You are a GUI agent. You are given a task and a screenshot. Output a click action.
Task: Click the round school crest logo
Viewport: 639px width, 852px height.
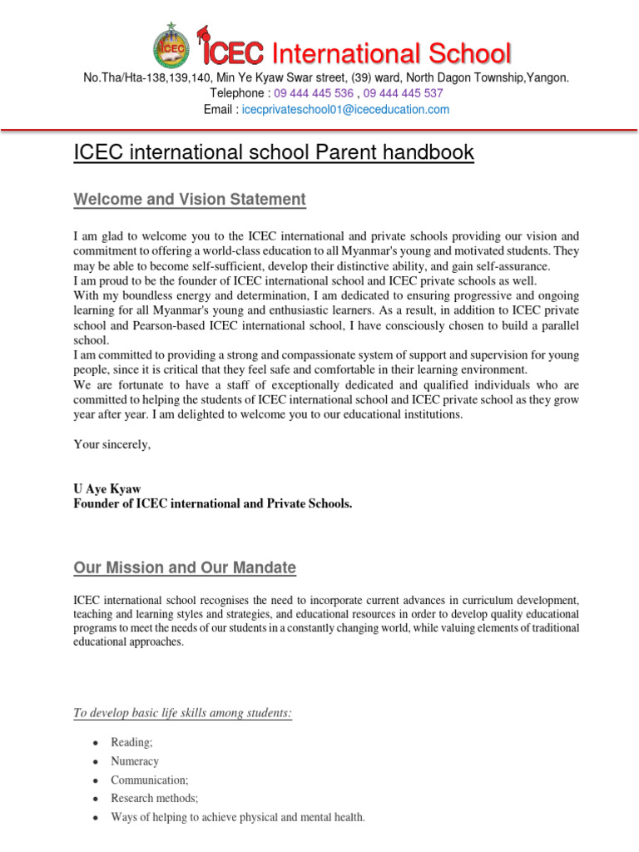(x=171, y=47)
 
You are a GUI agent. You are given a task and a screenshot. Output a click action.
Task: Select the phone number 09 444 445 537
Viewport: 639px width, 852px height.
(x=404, y=93)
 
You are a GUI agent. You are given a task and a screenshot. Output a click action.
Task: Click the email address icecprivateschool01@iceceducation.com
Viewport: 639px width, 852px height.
(x=345, y=109)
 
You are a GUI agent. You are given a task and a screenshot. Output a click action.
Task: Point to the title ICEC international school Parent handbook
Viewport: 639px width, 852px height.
(x=274, y=153)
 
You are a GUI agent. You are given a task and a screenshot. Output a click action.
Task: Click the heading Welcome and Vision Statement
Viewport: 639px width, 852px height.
(x=190, y=200)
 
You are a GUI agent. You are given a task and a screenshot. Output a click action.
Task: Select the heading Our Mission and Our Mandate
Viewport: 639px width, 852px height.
(x=185, y=567)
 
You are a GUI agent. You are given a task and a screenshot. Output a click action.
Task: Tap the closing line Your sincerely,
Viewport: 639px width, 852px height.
(x=112, y=444)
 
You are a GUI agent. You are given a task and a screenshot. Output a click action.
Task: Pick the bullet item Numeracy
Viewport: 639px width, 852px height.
(x=135, y=761)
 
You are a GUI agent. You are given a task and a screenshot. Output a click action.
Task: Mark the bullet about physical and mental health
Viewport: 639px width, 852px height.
(x=238, y=817)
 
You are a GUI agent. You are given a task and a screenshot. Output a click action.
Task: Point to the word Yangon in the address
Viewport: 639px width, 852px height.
(x=548, y=77)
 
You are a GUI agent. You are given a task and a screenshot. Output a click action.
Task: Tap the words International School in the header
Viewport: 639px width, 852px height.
(x=392, y=54)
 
